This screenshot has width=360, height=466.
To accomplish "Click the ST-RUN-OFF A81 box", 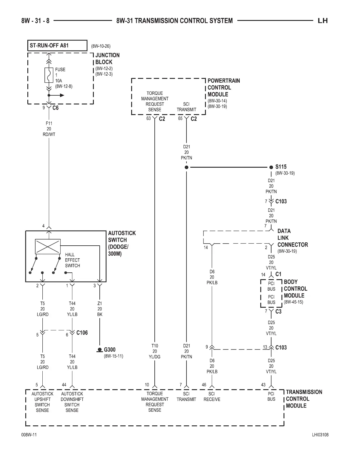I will pos(57,46).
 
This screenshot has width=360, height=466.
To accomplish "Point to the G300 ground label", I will pos(110,350).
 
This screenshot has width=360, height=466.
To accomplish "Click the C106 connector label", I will pos(82,333).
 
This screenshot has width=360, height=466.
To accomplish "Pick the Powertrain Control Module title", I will pos(224,87).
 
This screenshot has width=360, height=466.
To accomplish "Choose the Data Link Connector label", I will pos(292,238).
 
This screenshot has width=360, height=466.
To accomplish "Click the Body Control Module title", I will pos(295,289).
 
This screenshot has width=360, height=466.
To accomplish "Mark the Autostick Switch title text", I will pos(122,243).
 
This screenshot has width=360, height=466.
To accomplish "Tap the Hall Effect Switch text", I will pos(72,260).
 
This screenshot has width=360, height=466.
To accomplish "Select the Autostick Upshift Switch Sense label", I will pos(42,402).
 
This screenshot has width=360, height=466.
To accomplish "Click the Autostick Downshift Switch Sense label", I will pos(72,402).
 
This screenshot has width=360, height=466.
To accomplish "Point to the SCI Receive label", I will pos(212,397).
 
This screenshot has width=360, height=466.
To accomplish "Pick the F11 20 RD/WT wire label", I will pos(49,129).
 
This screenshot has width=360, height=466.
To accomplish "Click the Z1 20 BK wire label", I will pos(100,309).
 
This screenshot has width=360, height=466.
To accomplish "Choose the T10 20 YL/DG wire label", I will pos(155,351).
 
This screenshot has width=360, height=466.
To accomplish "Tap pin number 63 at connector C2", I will pos(149,119).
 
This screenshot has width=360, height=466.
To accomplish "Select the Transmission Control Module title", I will pos(304,399).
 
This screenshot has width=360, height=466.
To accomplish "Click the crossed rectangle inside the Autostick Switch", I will pos(48,246).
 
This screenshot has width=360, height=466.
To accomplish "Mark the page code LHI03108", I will pos(320,435).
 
